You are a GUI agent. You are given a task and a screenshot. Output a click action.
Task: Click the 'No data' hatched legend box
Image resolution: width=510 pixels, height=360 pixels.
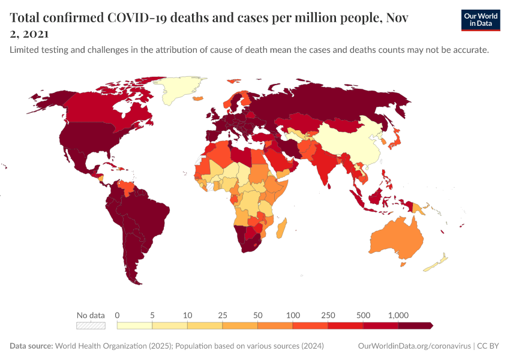91,326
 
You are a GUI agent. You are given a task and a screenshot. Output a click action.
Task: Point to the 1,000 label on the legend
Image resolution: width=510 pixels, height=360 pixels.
398,315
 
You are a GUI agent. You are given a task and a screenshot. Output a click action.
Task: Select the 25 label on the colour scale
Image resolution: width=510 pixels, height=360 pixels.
223,315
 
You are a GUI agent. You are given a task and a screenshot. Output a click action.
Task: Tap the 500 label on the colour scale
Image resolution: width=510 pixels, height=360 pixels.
363,315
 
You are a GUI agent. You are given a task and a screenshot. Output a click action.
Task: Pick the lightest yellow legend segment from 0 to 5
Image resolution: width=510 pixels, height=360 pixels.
134,326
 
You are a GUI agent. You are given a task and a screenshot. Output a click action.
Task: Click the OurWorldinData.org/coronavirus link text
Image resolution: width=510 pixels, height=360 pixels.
413,346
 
